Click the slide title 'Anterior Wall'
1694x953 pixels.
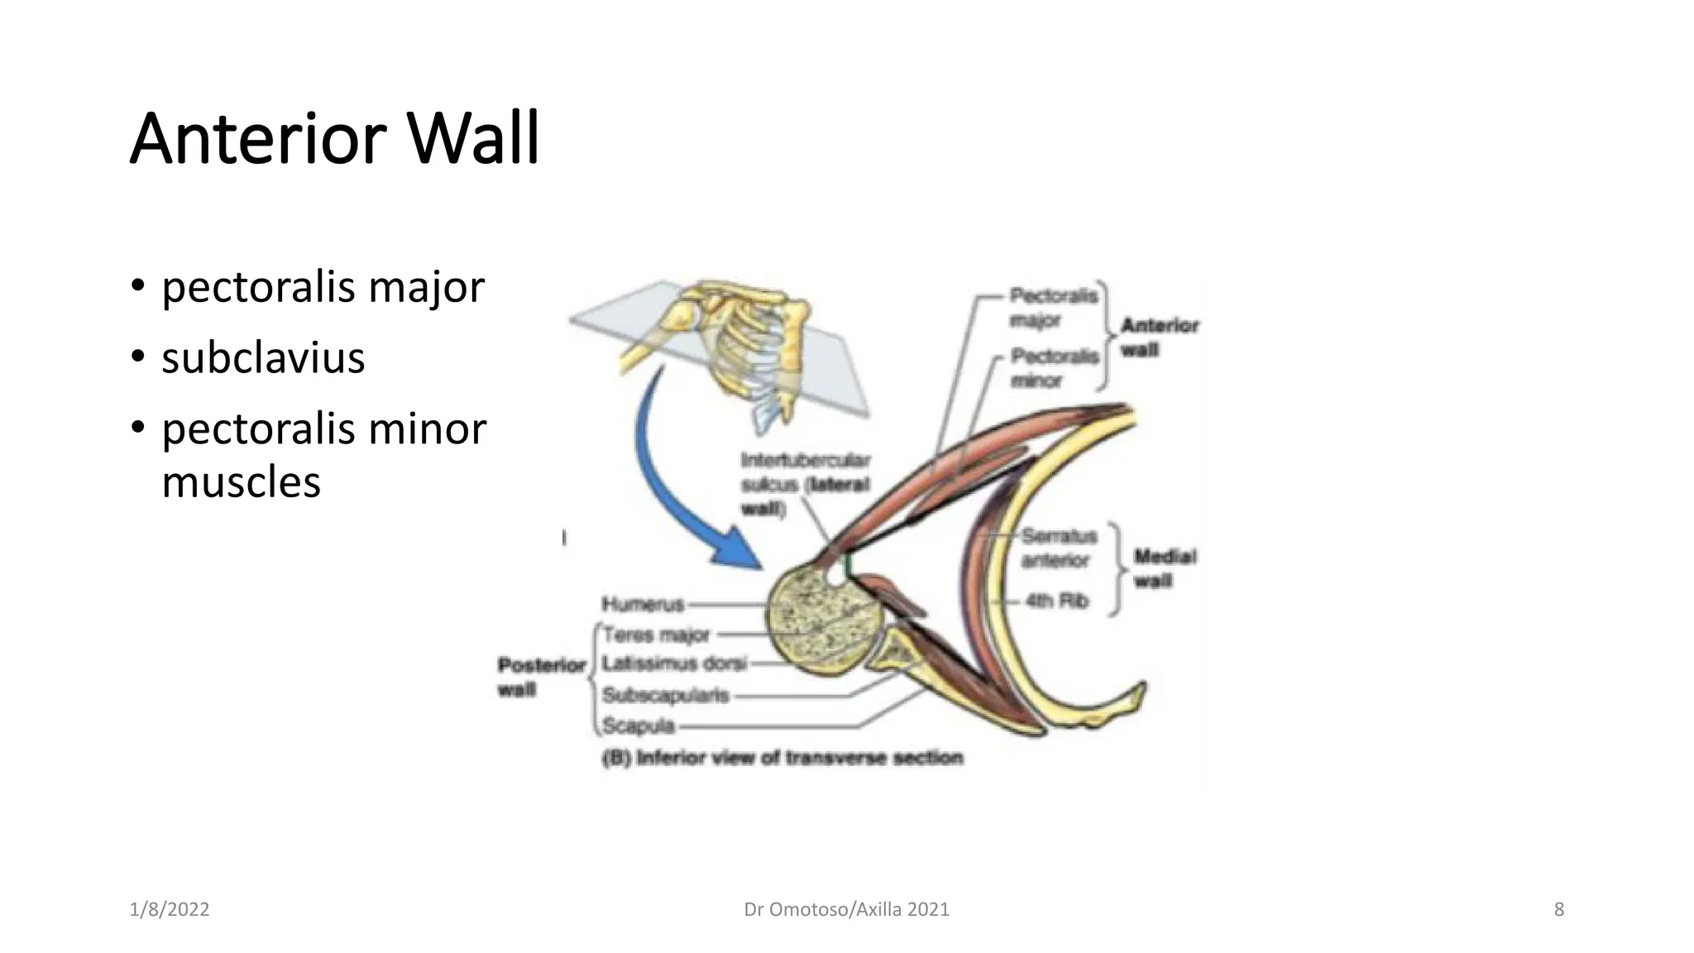[334, 139]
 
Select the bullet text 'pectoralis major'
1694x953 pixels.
[323, 287]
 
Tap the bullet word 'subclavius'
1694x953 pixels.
[263, 358]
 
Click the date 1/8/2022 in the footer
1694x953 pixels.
[170, 910]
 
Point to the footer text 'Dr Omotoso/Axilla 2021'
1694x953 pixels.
[846, 910]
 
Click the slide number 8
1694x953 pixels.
[1558, 910]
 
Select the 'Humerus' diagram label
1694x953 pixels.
[643, 605]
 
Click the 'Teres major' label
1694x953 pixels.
[656, 635]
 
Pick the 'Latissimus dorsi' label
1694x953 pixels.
[674, 663]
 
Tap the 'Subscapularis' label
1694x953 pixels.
[665, 696]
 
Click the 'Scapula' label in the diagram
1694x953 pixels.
[639, 726]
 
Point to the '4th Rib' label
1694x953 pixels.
[1056, 601]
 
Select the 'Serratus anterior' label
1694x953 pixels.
[1058, 548]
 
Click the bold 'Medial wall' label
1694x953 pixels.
[1164, 568]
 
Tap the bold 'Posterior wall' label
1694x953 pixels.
[541, 677]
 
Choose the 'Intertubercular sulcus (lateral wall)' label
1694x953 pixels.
[805, 484]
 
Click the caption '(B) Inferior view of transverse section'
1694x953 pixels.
[782, 758]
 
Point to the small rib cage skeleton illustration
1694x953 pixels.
[744, 347]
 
